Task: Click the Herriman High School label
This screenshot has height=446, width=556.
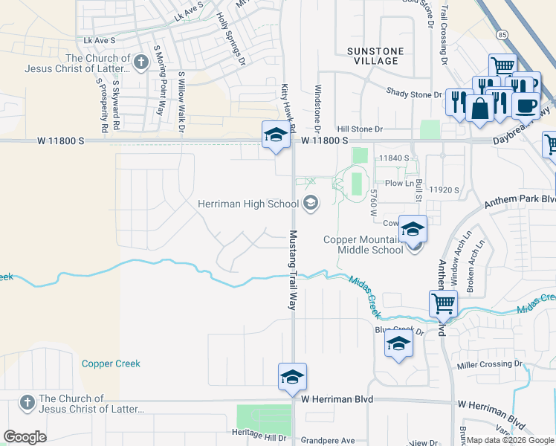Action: pyautogui.click(x=248, y=204)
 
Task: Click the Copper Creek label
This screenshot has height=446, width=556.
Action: pyautogui.click(x=111, y=363)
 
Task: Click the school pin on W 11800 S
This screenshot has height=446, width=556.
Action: pyautogui.click(x=275, y=135)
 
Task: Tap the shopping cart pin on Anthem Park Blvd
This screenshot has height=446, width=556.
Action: pyautogui.click(x=443, y=303)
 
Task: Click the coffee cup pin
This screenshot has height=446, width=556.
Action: pyautogui.click(x=526, y=106)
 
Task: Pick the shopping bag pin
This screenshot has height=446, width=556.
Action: pyautogui.click(x=481, y=108)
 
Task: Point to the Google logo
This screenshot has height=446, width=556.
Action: pyautogui.click(x=25, y=437)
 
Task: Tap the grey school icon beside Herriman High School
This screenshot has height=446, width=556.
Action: pyautogui.click(x=311, y=202)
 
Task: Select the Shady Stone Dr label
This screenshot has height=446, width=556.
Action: pyautogui.click(x=414, y=94)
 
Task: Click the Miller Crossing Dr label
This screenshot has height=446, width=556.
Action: pyautogui.click(x=489, y=364)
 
